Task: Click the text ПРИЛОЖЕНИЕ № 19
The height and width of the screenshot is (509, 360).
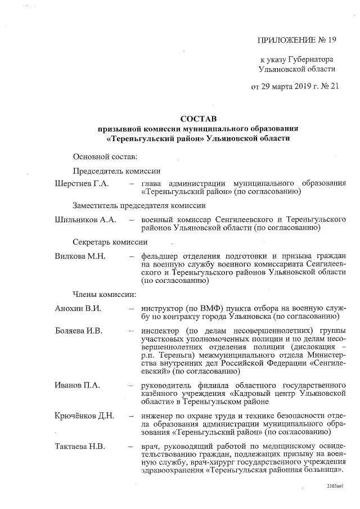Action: [x=296, y=39]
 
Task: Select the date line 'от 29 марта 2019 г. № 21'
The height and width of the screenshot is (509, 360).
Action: [x=295, y=87]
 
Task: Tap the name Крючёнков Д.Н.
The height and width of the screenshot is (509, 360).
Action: [x=85, y=416]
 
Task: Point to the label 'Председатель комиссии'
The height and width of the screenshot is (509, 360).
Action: [x=117, y=171]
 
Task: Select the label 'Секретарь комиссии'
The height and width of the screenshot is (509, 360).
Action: [x=110, y=242]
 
